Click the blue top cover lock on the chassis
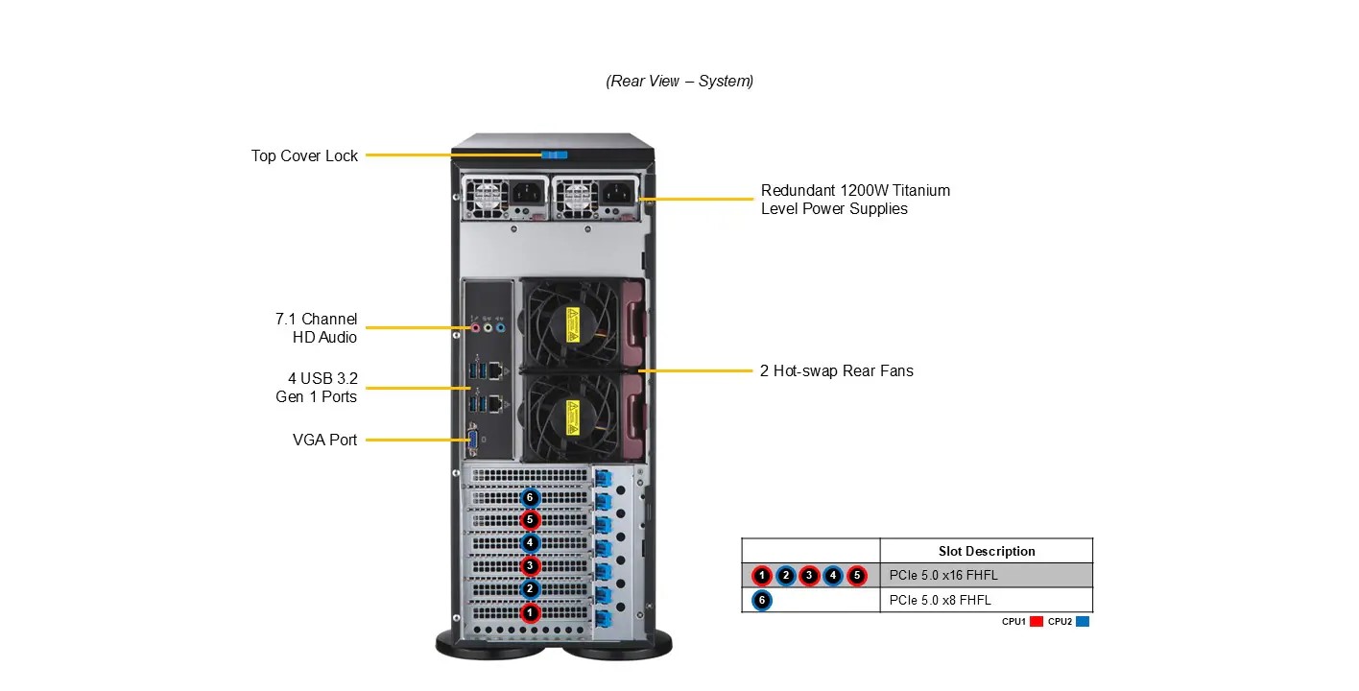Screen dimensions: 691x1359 [x=555, y=155]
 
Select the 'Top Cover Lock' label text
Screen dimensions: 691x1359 [x=304, y=155]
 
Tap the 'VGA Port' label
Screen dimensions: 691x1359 [x=324, y=440]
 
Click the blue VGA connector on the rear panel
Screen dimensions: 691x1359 [x=472, y=440]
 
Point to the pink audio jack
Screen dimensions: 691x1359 [x=474, y=327]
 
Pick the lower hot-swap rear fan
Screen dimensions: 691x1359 [x=570, y=418]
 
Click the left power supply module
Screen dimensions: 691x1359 [x=503, y=197]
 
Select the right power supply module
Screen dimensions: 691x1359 [x=594, y=197]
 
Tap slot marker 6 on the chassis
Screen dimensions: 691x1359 [x=529, y=497]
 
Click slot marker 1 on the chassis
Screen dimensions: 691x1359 [x=529, y=611]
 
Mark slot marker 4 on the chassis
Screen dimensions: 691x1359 [x=529, y=543]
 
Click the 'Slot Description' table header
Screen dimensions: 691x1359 [x=986, y=551]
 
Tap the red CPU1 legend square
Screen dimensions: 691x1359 [x=1037, y=622]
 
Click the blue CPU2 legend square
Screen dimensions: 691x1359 [x=1083, y=622]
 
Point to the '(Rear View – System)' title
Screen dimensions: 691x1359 [x=679, y=81]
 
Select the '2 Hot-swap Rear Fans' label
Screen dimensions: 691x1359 [x=836, y=370]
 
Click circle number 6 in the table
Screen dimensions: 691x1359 [x=761, y=600]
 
